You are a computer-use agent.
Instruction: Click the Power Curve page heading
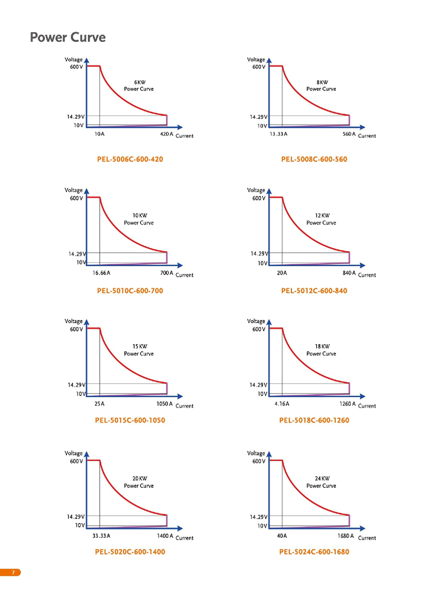[67, 38]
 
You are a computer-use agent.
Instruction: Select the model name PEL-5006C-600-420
[130, 160]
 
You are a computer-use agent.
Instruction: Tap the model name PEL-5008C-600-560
[314, 160]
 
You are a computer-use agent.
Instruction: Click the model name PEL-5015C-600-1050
[130, 420]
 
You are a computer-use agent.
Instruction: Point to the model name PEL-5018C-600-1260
[314, 420]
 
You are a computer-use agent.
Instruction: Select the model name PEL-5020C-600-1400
[130, 552]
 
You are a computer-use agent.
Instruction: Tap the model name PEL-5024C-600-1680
[314, 552]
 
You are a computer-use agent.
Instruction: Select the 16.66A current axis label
[101, 273]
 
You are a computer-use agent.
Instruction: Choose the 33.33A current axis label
[101, 536]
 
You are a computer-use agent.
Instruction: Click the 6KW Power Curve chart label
[139, 85]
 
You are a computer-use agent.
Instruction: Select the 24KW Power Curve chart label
[321, 482]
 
